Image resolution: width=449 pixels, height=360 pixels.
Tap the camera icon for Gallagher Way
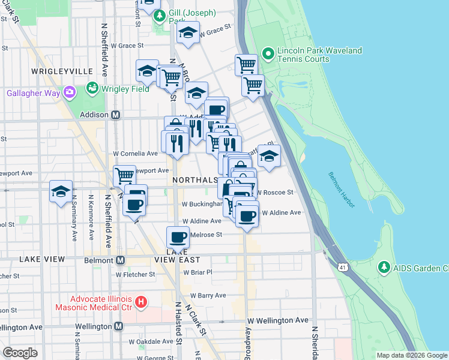tap(70, 92)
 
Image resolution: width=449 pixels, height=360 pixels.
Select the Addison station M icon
tap(115, 114)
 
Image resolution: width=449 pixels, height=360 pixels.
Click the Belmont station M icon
tap(120, 260)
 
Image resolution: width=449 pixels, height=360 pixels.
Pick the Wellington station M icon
tap(118, 326)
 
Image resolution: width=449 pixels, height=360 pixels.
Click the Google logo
tap(20, 352)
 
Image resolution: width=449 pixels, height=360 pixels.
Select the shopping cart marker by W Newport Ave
tap(124, 175)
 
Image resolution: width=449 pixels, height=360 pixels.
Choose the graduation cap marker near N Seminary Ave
tap(61, 191)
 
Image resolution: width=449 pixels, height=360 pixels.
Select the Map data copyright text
tap(411, 355)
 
